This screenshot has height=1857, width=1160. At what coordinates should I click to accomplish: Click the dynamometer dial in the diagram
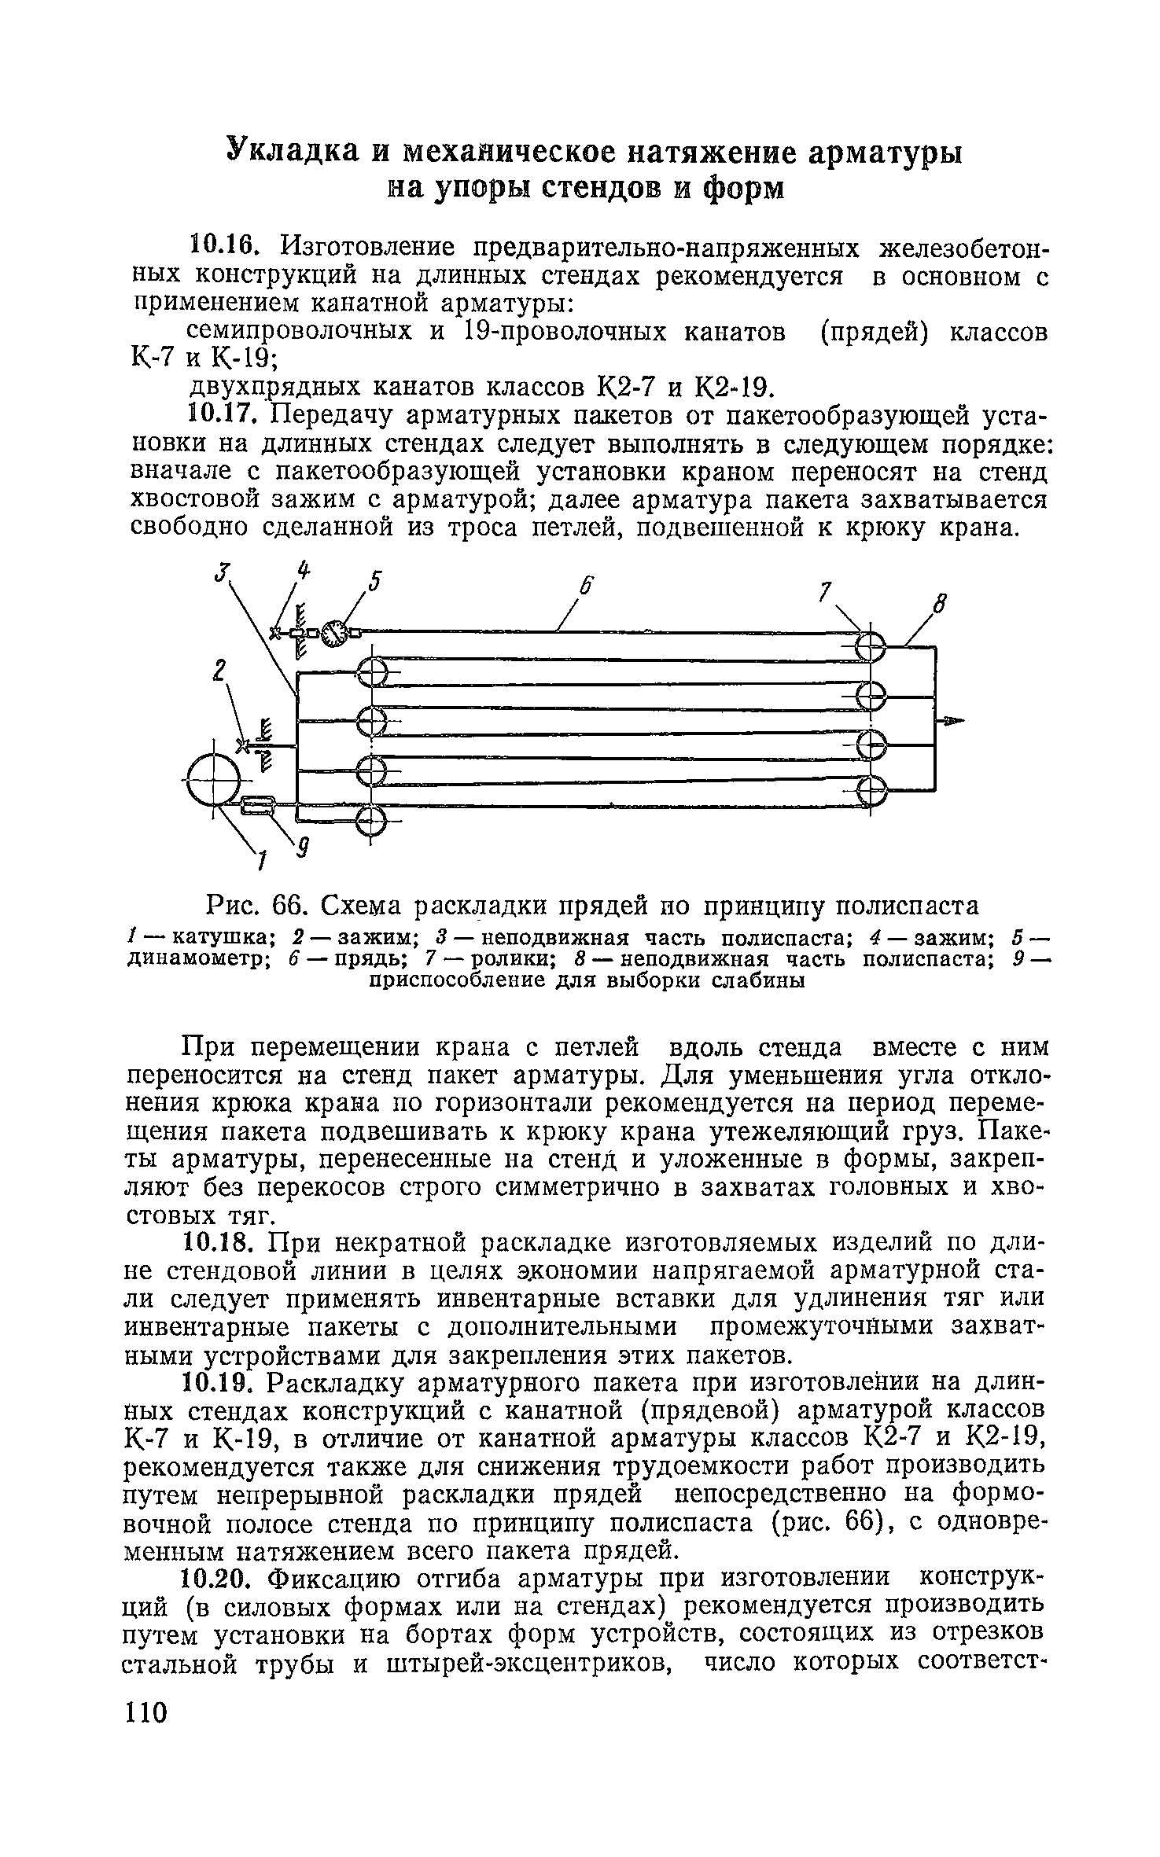coord(335,634)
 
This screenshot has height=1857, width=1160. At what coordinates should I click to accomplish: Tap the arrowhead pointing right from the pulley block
coord(952,720)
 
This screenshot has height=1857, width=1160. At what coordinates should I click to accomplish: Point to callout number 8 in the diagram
coord(937,605)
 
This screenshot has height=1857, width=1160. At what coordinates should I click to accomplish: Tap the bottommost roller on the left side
coord(372,822)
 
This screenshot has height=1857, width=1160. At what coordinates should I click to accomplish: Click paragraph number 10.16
coord(224,247)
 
